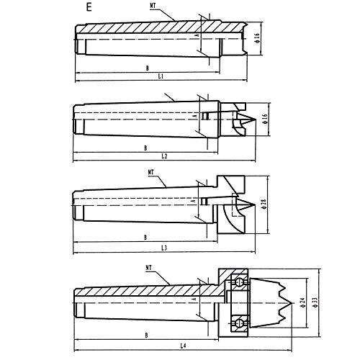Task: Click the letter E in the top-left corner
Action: coord(89,9)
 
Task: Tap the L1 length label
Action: coord(161,76)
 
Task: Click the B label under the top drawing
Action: coord(145,66)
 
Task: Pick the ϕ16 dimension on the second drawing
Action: coord(266,119)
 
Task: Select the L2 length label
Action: coord(164,156)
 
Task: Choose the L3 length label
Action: coord(164,248)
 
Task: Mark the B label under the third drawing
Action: coord(145,237)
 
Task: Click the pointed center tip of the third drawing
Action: coord(251,209)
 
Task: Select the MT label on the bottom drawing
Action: coord(150,268)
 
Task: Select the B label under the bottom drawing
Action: coord(146,336)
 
